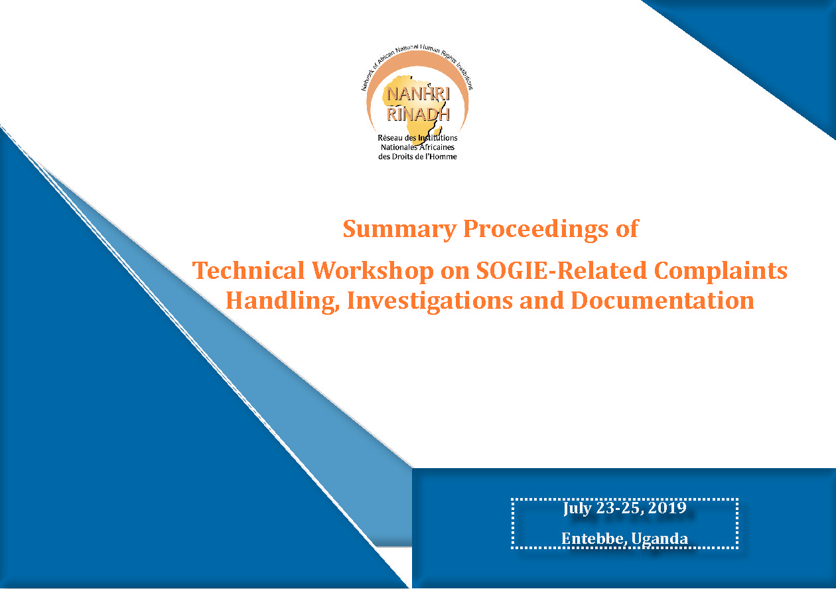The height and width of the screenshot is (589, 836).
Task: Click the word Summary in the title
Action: pos(399,229)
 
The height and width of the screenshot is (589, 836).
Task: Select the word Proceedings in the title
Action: pos(536,229)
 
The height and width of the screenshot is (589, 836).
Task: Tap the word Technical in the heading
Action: pos(249,270)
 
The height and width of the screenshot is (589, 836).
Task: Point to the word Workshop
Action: pos(372,271)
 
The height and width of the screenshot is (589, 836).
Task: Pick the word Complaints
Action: pos(721,271)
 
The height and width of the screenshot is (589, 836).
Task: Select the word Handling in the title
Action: pos(283,301)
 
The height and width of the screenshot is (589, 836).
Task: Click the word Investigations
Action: pos(430,301)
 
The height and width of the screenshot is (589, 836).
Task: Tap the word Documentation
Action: pos(662,300)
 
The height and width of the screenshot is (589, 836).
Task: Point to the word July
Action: pos(577,509)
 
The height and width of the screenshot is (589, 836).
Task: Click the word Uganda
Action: pos(660,539)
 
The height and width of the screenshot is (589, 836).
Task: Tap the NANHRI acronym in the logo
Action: pos(418,94)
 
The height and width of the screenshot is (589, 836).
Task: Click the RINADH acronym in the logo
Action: pos(418,114)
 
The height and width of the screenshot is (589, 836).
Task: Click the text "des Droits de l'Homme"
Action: pos(417,157)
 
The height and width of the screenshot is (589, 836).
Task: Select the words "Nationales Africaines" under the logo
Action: pos(417,147)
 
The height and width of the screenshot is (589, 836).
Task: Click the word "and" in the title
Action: pos(542,300)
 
